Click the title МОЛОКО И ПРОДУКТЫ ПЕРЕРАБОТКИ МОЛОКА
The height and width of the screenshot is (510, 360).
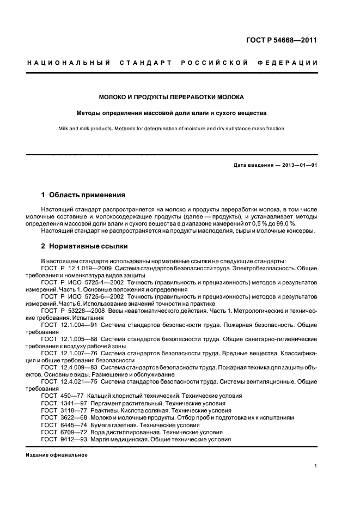coord(171,98)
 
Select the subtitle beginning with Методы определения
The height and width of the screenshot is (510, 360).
coord(171,113)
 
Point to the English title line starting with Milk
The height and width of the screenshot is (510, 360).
coord(171,129)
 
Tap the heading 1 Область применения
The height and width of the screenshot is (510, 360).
coord(83,195)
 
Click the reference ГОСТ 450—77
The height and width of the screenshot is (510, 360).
coord(59,396)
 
